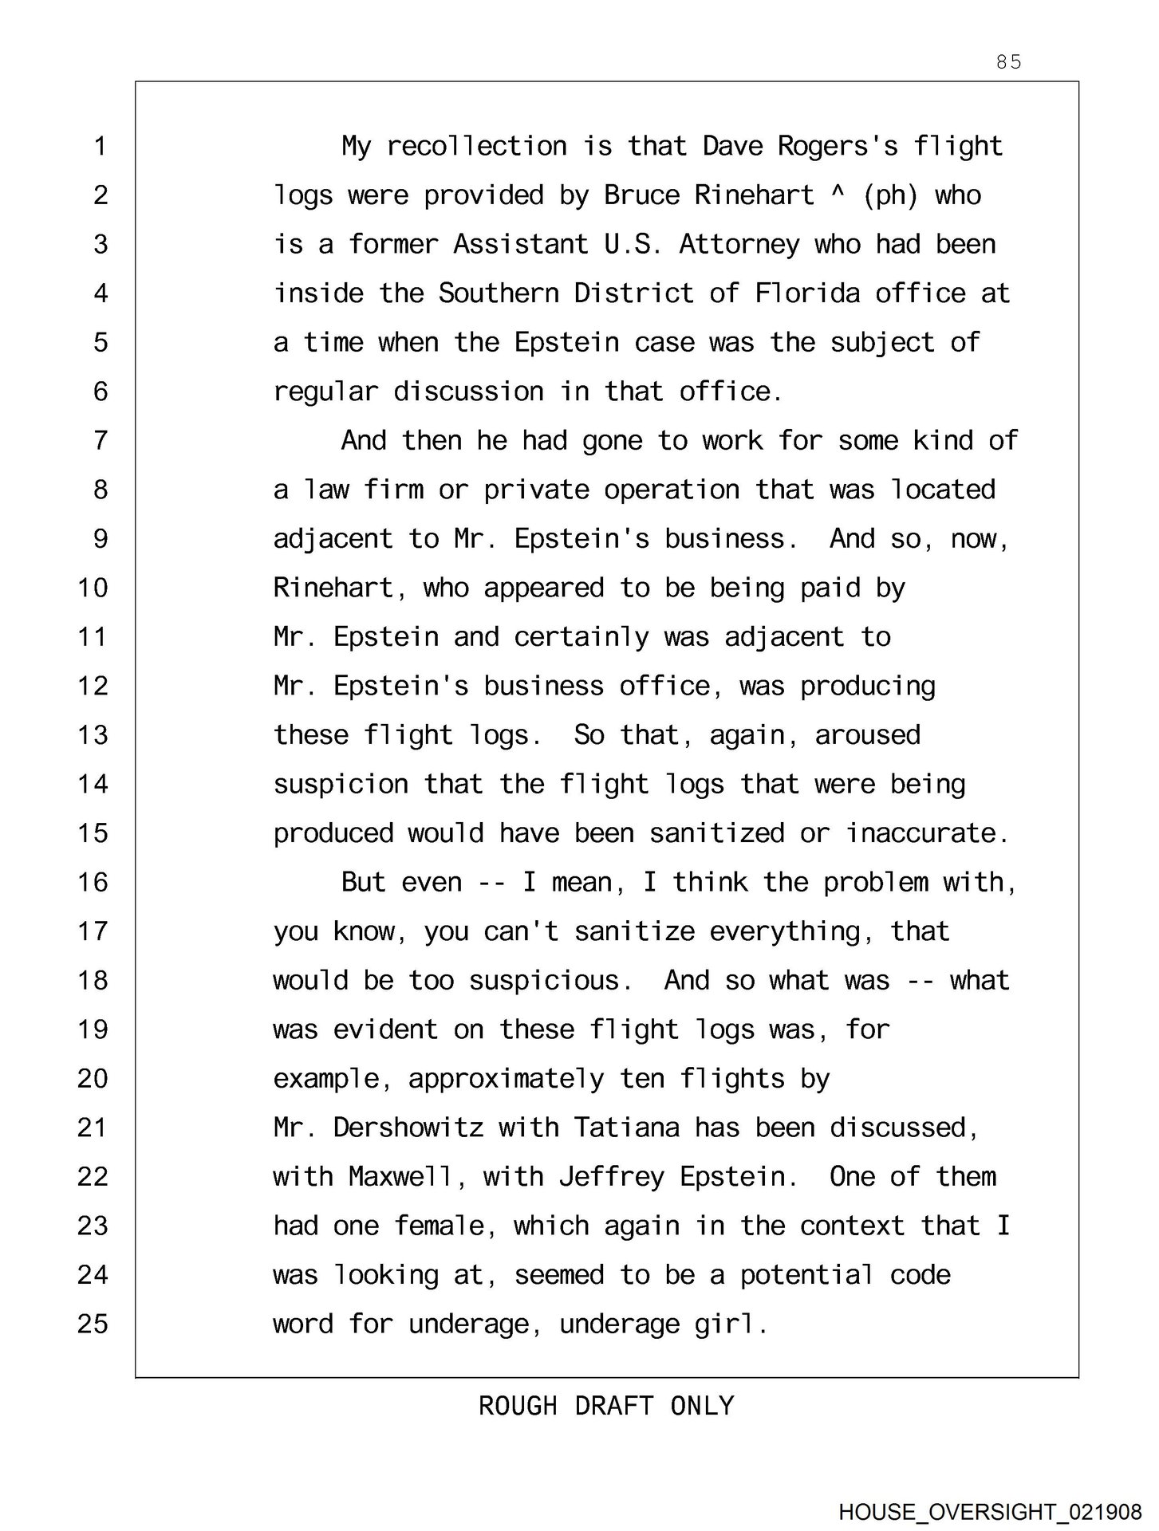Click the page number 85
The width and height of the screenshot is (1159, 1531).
click(1008, 62)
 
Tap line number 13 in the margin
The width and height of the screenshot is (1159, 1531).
click(93, 734)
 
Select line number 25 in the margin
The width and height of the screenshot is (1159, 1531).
click(93, 1324)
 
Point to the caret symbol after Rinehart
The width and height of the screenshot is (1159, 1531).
click(837, 193)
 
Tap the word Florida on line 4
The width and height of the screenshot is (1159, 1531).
click(807, 293)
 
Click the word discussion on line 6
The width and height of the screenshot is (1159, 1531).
click(468, 392)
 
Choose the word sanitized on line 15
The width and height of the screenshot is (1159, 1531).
click(716, 833)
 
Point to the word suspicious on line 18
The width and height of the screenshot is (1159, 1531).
click(544, 981)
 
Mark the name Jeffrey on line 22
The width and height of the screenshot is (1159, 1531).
click(611, 1178)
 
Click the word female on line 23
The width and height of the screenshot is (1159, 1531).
click(439, 1226)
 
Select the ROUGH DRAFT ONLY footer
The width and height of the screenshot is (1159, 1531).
click(606, 1405)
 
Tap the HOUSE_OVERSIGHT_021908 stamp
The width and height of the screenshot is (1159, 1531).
click(990, 1512)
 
